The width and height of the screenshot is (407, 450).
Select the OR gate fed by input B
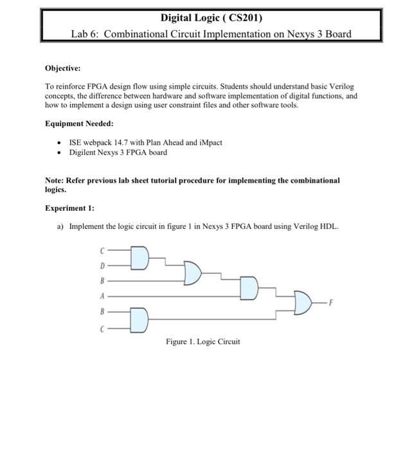tap(192, 273)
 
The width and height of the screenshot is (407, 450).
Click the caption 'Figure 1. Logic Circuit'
tap(203, 341)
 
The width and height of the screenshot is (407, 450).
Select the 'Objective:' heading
tap(62, 67)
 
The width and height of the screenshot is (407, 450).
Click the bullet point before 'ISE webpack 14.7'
tap(59, 142)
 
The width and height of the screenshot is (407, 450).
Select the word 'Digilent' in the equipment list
tap(84, 152)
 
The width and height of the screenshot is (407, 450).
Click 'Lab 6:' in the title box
tap(86, 33)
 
